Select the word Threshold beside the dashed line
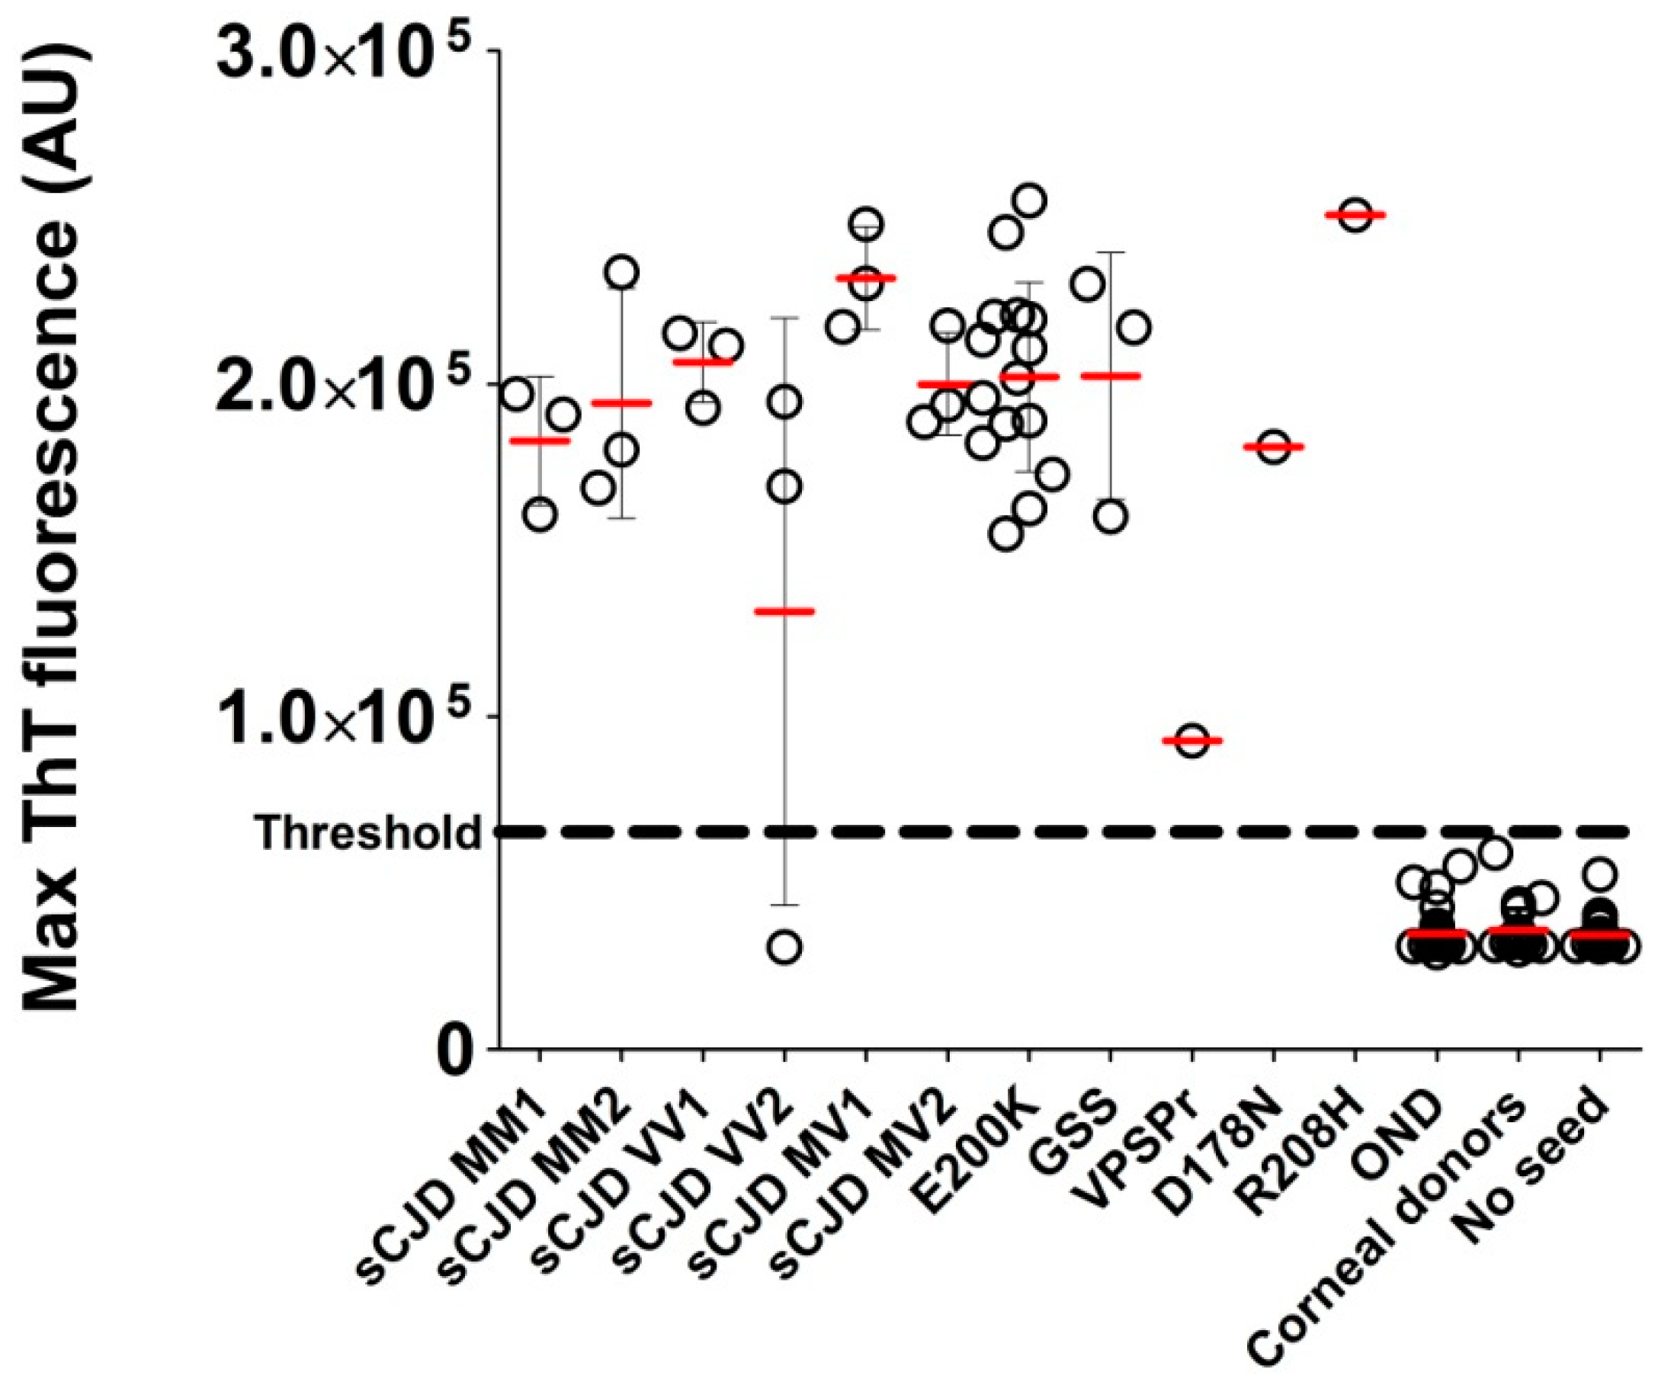[367, 832]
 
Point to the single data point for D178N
[1274, 447]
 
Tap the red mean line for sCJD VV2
[784, 611]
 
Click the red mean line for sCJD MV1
[866, 278]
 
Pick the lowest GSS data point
[1111, 517]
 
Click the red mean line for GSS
[1111, 376]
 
